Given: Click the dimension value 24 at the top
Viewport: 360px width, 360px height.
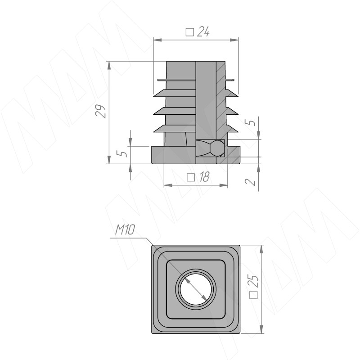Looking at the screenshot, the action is (x=203, y=31).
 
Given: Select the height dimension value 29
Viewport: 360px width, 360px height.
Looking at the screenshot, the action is (x=100, y=112).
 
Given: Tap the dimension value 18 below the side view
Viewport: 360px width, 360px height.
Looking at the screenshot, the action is (x=204, y=177).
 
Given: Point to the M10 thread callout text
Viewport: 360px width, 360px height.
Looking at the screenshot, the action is (x=125, y=230).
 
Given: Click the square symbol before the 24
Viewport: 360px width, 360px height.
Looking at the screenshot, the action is (x=190, y=32).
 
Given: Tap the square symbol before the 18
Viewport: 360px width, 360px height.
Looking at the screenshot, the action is (x=191, y=177).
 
